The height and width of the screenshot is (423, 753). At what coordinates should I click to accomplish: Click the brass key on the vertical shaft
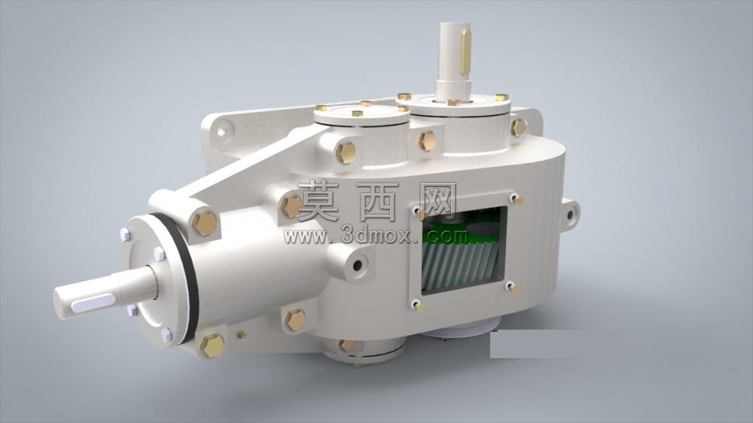point(465,52)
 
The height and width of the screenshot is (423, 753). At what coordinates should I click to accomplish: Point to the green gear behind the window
point(461,227)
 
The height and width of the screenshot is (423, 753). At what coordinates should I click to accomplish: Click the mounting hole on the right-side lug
point(571,215)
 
